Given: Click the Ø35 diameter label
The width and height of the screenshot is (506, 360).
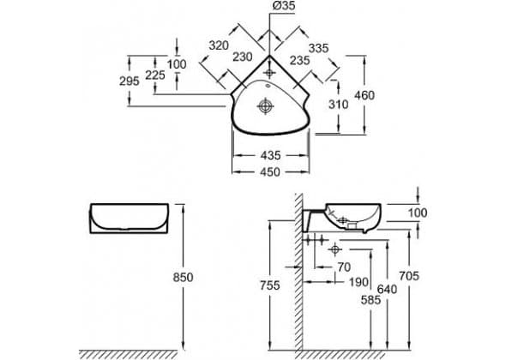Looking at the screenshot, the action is (284, 5).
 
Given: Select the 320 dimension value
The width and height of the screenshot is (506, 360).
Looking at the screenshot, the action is (219, 45).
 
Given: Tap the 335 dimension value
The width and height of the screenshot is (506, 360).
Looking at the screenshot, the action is (318, 48).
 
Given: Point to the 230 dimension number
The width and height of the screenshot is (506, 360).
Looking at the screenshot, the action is (243, 57).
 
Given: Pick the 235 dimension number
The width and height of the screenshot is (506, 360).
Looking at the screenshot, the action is (300, 60).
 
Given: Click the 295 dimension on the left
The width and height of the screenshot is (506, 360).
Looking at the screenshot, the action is (130, 81).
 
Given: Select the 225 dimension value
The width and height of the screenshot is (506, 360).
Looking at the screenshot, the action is (155, 75).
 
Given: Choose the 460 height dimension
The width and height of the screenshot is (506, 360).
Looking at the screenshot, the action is (364, 95).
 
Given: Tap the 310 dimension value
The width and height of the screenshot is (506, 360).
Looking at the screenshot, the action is (339, 105).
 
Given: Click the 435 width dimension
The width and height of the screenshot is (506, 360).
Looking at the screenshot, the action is (270, 155).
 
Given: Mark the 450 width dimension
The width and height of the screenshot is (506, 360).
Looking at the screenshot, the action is (270, 172).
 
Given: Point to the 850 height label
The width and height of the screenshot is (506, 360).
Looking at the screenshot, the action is (183, 278).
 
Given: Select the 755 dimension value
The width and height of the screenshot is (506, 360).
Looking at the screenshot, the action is (270, 285).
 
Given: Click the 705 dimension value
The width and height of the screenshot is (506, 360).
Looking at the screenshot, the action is (409, 276).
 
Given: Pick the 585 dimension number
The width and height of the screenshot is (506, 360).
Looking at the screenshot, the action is (370, 300).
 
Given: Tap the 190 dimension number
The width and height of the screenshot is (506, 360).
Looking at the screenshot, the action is (358, 282).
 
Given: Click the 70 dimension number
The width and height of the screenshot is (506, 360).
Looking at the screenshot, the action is (344, 267).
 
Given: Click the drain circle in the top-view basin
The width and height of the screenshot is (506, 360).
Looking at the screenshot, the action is (265, 105).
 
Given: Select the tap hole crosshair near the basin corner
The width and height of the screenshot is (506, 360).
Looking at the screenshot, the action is (269, 73).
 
